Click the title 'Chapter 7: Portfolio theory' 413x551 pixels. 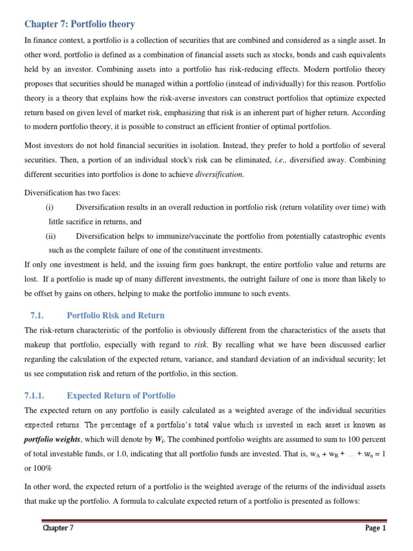pyautogui.click(x=80, y=24)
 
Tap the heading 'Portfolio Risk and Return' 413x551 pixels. pyautogui.click(x=116, y=315)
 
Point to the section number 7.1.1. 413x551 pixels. pyautogui.click(x=37, y=395)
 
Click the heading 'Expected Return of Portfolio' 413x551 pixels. pyautogui.click(x=121, y=395)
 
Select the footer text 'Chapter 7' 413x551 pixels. pyautogui.click(x=58, y=528)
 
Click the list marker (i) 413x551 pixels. pyautogui.click(x=50, y=208)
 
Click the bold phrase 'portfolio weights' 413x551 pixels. pyautogui.click(x=53, y=439)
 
